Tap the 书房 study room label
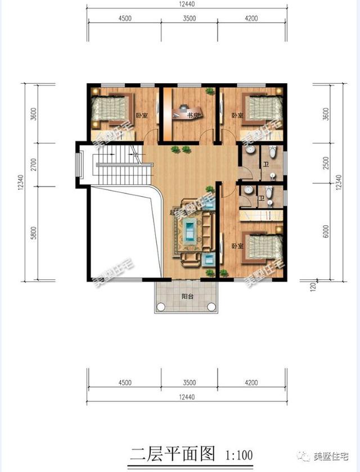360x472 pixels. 193,116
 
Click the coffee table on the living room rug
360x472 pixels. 191,230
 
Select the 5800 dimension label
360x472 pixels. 19,232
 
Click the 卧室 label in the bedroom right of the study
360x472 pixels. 237,116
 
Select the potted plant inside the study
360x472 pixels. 209,91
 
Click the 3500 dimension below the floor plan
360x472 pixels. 189,383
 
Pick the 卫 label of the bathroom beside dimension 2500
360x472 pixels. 265,165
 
